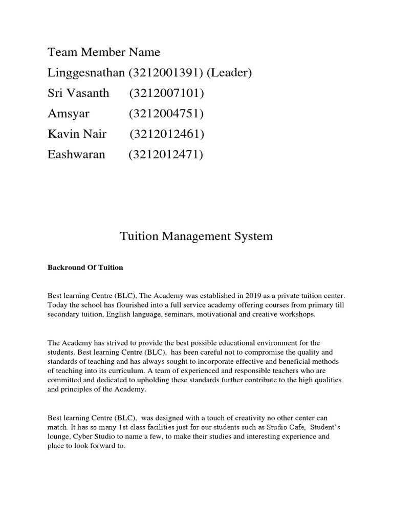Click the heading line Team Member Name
(104, 52)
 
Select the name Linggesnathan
(86, 73)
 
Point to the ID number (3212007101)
(167, 93)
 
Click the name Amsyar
(67, 114)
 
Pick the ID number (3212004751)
(166, 114)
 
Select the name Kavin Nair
(77, 134)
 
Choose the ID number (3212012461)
(167, 134)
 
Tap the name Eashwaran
(76, 155)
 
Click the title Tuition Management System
(196, 236)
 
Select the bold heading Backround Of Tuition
(85, 268)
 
